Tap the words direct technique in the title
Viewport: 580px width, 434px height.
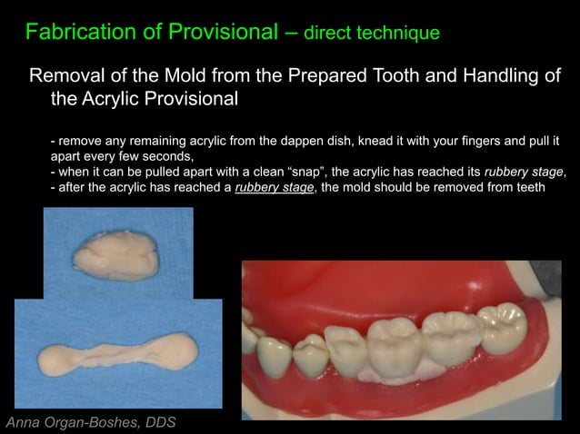click(372, 34)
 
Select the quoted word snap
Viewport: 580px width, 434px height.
click(301, 172)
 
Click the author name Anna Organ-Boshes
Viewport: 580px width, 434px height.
click(72, 422)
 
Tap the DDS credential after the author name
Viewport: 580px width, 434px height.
click(158, 422)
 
